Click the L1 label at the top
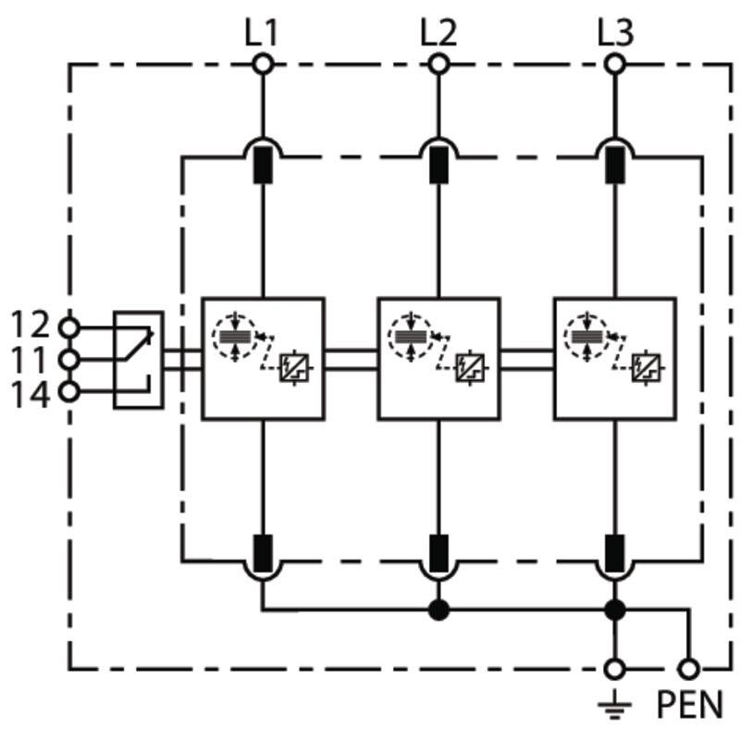click(x=261, y=33)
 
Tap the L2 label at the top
click(x=438, y=33)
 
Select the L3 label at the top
click(x=615, y=33)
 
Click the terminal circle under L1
click(x=263, y=64)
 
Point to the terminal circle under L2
click(x=438, y=64)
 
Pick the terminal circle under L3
click(x=614, y=64)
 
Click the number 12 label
click(x=30, y=324)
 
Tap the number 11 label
click(x=29, y=359)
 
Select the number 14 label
click(x=30, y=395)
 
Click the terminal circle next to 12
click(x=69, y=327)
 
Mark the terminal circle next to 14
click(x=69, y=391)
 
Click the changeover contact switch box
click(x=139, y=360)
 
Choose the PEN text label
click(x=689, y=704)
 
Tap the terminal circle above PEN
click(x=688, y=669)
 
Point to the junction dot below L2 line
click(x=438, y=610)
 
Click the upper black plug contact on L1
click(x=263, y=166)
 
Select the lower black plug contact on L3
click(x=614, y=553)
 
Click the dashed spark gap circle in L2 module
click(x=411, y=337)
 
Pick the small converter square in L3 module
click(x=646, y=367)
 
